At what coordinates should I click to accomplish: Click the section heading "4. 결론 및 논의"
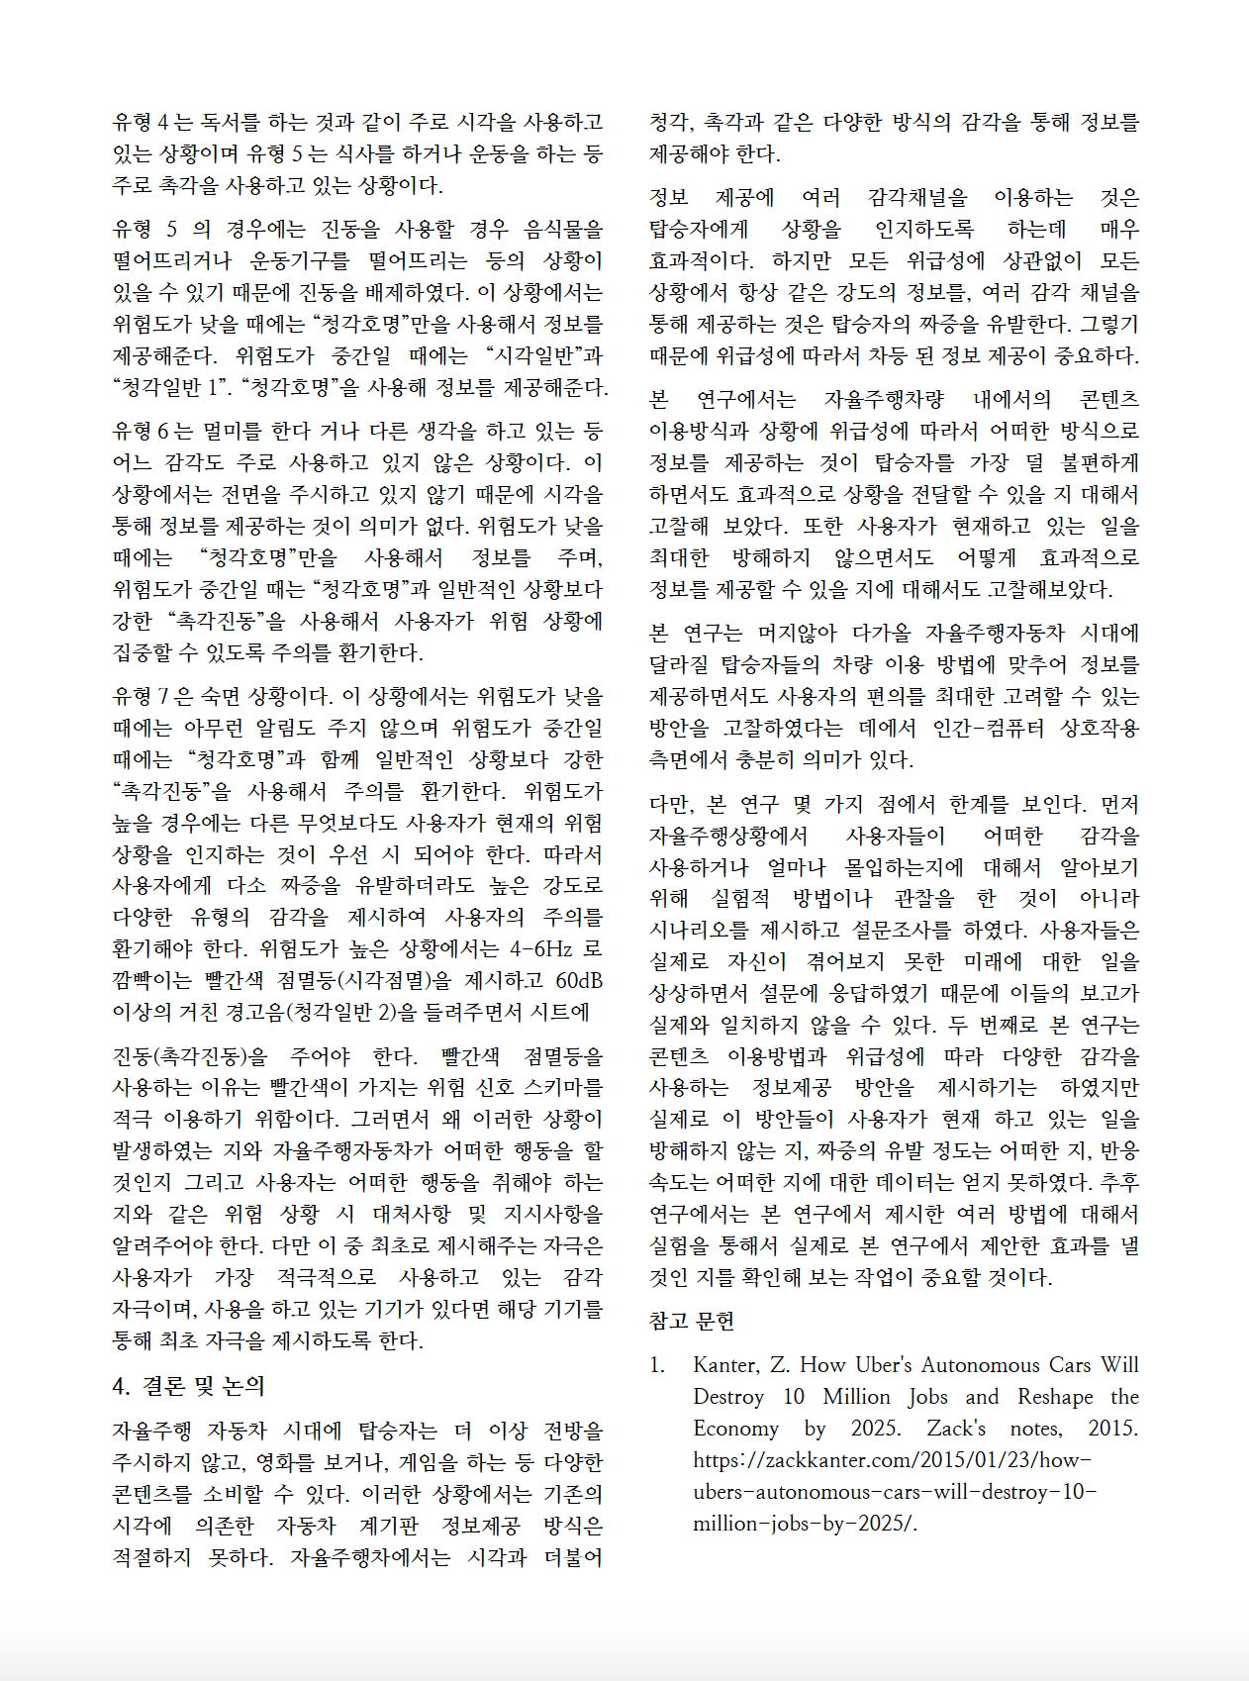click(189, 1386)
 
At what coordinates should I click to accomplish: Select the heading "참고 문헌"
click(692, 1321)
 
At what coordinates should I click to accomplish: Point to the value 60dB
click(579, 980)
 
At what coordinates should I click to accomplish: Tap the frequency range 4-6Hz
click(540, 948)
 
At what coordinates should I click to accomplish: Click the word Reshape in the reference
click(1055, 1397)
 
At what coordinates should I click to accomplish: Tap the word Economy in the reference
click(735, 1429)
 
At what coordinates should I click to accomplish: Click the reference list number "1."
click(657, 1365)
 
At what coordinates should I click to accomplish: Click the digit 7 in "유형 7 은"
click(163, 696)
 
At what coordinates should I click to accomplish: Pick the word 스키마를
click(561, 1087)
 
